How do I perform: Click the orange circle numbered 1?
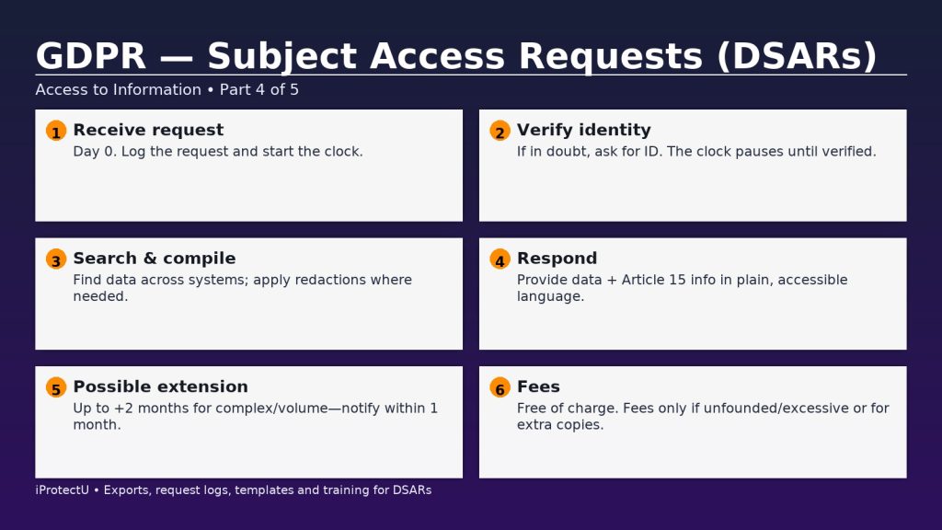(56, 131)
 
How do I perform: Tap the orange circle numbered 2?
(500, 131)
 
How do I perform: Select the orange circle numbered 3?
(56, 259)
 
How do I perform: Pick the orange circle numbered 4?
(500, 259)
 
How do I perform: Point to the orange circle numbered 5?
(56, 387)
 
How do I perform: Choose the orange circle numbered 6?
(500, 387)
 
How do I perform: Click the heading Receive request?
(148, 130)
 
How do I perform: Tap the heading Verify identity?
(584, 130)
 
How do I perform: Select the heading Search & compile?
(155, 259)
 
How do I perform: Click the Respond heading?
(557, 259)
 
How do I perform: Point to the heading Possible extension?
(160, 386)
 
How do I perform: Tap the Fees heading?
(538, 386)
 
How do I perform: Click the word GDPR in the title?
(91, 56)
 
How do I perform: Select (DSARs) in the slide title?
(797, 57)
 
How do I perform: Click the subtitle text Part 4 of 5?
(258, 89)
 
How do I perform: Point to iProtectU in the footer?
(62, 490)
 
